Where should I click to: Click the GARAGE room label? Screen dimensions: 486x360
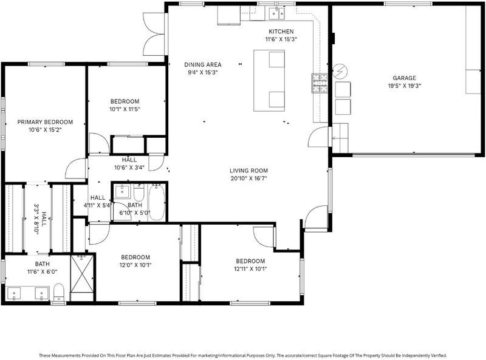404,78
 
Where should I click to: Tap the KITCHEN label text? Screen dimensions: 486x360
281,32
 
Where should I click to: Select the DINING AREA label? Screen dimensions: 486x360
203,65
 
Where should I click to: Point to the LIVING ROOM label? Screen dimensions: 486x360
248,171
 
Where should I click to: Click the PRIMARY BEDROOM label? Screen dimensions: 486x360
45,122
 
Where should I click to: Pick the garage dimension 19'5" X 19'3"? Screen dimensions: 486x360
404,86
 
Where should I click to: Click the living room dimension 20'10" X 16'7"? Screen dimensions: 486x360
248,178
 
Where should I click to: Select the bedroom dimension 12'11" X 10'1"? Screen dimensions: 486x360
250,269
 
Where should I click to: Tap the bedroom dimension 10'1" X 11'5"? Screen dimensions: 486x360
125,109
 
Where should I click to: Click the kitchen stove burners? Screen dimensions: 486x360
320,83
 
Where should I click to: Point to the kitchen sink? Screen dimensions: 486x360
277,13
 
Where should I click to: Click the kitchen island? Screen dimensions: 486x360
269,81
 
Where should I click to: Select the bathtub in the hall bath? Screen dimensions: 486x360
156,202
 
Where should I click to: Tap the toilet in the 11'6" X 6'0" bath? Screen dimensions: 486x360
58,293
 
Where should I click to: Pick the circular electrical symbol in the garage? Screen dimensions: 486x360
340,72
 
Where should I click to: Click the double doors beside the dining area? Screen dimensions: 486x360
154,34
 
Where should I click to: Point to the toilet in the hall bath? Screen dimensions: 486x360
139,192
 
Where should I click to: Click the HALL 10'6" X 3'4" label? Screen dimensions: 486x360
129,164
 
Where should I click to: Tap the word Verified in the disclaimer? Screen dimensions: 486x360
439,355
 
